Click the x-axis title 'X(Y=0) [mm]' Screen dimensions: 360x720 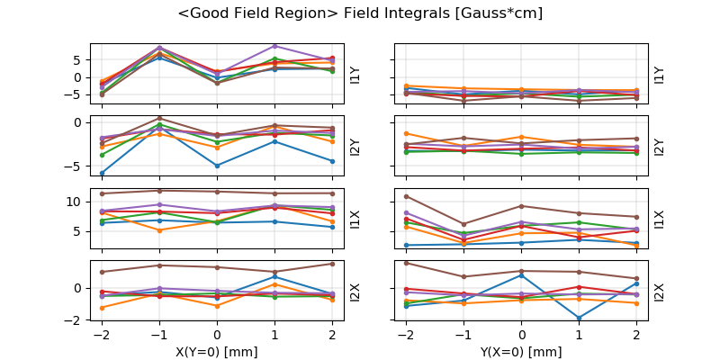point(217,351)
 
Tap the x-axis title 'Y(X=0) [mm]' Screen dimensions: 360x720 point(521,351)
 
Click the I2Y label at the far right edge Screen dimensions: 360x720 point(660,146)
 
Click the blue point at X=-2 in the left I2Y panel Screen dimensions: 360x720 point(102,173)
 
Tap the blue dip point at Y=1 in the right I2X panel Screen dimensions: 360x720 point(579,318)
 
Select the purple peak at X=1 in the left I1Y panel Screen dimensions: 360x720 point(274,46)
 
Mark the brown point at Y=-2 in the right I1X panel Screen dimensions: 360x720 point(406,196)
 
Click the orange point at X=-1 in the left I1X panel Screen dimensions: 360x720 point(159,230)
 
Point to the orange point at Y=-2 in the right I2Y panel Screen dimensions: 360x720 point(406,133)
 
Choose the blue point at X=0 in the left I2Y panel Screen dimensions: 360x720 point(217,166)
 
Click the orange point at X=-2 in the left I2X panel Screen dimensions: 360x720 point(102,308)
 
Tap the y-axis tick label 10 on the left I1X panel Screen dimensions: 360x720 point(76,202)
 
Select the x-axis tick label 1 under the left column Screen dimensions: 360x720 point(274,335)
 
